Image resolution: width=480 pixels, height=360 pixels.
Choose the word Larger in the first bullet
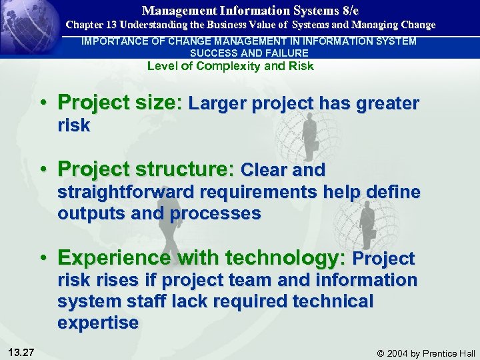[217, 104]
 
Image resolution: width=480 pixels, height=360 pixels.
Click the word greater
[386, 104]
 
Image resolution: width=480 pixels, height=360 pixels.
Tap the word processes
[215, 214]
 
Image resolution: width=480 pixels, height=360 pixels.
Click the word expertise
[98, 323]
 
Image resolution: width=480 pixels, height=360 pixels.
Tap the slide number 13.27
[23, 351]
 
